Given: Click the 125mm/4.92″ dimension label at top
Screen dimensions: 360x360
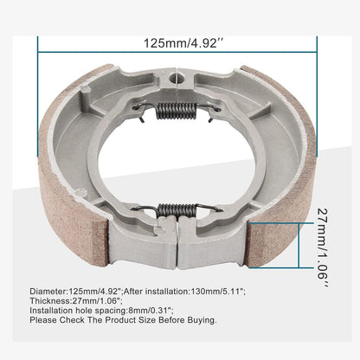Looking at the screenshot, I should (179, 41).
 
